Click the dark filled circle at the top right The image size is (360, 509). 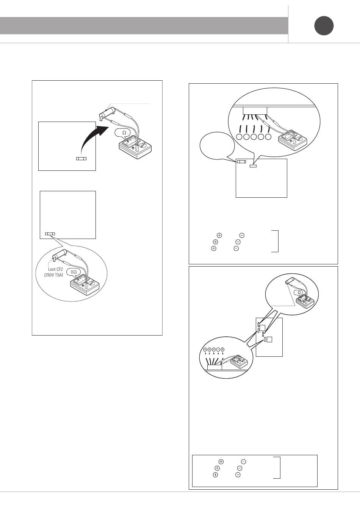pyautogui.click(x=324, y=26)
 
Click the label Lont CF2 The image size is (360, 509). pyautogui.click(x=55, y=269)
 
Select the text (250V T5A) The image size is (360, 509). pyautogui.click(x=53, y=275)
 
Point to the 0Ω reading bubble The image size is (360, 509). pyautogui.click(x=74, y=272)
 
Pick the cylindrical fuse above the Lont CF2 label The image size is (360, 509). pyautogui.click(x=59, y=254)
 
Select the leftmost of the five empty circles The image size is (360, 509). pyautogui.click(x=239, y=137)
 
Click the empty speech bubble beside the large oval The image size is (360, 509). pyautogui.click(x=217, y=145)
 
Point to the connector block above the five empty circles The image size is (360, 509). pyautogui.click(x=255, y=111)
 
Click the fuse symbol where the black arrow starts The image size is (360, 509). pyautogui.click(x=81, y=158)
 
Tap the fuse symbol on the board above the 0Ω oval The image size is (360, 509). pyautogui.click(x=50, y=234)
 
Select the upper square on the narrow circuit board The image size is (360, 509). pyautogui.click(x=263, y=328)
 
